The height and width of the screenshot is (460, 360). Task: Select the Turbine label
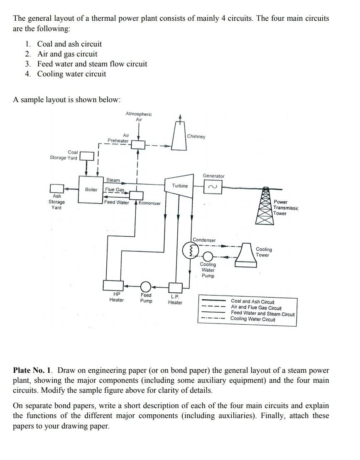pyautogui.click(x=180, y=186)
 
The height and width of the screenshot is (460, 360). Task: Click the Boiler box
pyautogui.click(x=91, y=189)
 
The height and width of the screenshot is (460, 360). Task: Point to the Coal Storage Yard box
pyautogui.click(x=86, y=156)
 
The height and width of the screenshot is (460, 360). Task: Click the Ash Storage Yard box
pyautogui.click(x=57, y=189)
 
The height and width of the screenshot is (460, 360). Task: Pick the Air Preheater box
pyautogui.click(x=138, y=145)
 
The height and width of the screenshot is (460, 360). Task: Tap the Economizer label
pyautogui.click(x=149, y=203)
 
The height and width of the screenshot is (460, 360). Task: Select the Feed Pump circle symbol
pyautogui.click(x=146, y=286)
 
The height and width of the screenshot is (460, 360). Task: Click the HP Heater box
pyautogui.click(x=111, y=286)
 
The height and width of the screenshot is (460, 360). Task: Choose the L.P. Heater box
pyautogui.click(x=174, y=287)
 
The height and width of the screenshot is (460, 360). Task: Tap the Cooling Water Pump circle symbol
pyautogui.click(x=208, y=256)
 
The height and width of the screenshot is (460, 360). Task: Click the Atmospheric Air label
pyautogui.click(x=139, y=117)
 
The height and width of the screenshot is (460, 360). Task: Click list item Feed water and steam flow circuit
pyautogui.click(x=92, y=64)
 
